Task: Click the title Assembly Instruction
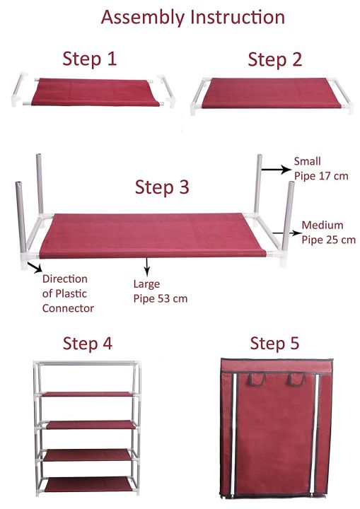[x=193, y=17]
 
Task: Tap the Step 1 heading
[x=89, y=59]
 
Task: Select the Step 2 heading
[x=274, y=59]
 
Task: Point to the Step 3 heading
[x=162, y=187]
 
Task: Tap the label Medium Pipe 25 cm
[x=327, y=233]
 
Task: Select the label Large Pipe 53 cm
[x=161, y=291]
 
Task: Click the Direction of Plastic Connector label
[x=68, y=293]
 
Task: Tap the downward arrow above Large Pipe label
[x=147, y=266]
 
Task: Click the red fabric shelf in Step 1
[x=92, y=90]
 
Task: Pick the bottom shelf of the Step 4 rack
[x=86, y=485]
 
